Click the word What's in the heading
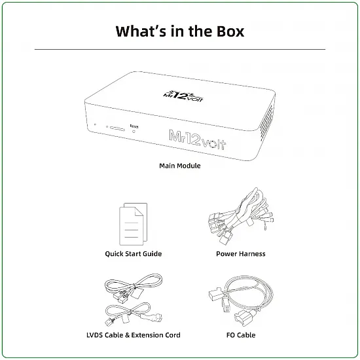pos(141,31)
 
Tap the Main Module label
pos(180,166)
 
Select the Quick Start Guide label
pos(134,254)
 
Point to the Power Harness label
pos(241,254)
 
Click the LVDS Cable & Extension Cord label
pos(134,335)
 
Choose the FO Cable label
pos(241,335)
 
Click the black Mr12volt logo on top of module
pos(183,96)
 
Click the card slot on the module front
pos(117,128)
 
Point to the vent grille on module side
pos(266,118)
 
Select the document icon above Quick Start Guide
pos(134,224)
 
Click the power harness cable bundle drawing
pos(241,216)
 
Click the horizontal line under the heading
pos(180,49)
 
